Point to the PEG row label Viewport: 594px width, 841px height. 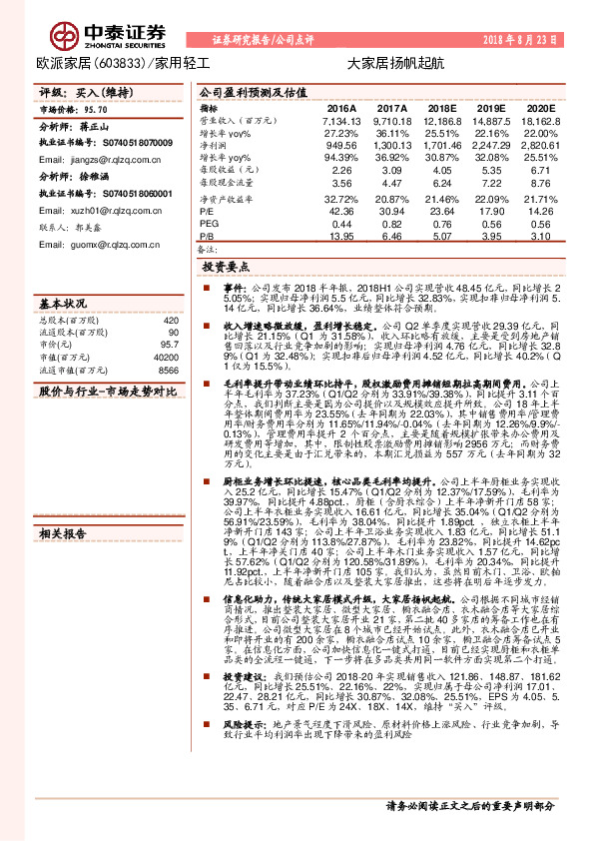(209, 223)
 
